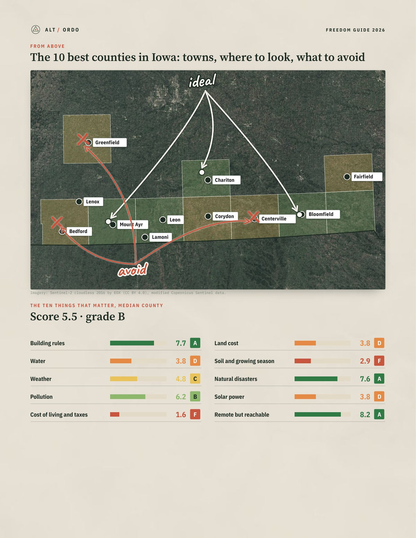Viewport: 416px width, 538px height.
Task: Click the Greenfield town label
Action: click(x=110, y=142)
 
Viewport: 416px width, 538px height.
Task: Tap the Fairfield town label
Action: click(x=367, y=176)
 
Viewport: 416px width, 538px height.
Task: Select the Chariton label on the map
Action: click(x=226, y=180)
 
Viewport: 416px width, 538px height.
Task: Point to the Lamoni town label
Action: click(x=161, y=237)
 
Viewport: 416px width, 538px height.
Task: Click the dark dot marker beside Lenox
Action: click(x=79, y=202)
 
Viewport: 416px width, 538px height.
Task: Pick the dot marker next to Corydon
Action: click(x=208, y=216)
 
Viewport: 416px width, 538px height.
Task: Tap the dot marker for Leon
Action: click(x=163, y=220)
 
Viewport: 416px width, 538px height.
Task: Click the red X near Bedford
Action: click(x=57, y=222)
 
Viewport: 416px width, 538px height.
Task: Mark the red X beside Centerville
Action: click(x=253, y=217)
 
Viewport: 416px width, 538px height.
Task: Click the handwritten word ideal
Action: click(x=202, y=81)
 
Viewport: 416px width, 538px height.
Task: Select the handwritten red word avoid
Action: click(x=133, y=270)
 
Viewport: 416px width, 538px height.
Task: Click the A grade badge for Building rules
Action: click(x=195, y=343)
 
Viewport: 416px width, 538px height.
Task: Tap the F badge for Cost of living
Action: click(x=195, y=414)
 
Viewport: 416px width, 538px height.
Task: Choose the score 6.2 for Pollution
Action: click(x=181, y=397)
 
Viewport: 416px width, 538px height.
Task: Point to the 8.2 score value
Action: click(x=365, y=415)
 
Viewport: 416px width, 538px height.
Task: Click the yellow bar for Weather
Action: click(x=123, y=379)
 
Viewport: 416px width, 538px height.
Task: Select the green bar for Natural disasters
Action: click(x=316, y=379)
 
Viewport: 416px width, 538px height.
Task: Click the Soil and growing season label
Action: click(x=244, y=361)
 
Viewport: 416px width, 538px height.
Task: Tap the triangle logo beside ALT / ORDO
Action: click(x=36, y=29)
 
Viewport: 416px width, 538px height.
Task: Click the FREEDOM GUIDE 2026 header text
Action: click(x=355, y=30)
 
